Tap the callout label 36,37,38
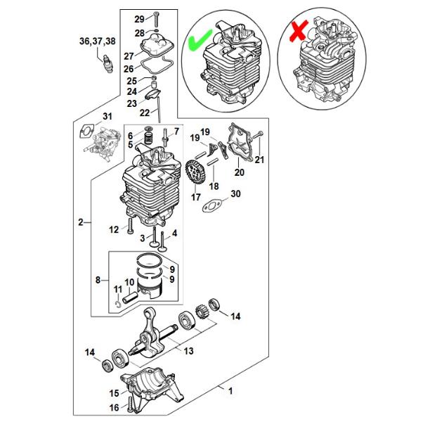[98, 41]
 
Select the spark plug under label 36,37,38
[108, 64]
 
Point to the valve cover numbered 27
[157, 45]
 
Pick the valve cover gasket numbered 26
[157, 65]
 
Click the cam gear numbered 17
[195, 172]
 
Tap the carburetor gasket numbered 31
[86, 130]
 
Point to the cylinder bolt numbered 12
[130, 226]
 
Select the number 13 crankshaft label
[189, 351]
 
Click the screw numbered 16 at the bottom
[131, 404]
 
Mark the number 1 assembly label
[230, 390]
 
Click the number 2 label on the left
[81, 222]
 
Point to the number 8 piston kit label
[98, 280]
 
